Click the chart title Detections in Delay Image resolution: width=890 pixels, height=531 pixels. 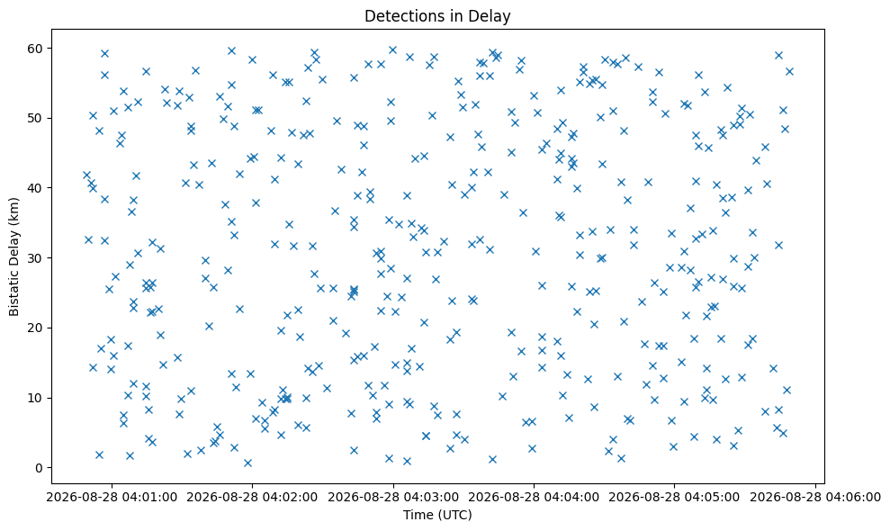(x=437, y=16)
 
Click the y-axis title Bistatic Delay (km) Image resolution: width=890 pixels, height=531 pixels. (x=14, y=256)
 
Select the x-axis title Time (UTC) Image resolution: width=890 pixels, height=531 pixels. (x=437, y=515)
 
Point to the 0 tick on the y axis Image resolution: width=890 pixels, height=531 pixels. (x=40, y=468)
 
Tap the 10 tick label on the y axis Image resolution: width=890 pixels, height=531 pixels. (x=36, y=398)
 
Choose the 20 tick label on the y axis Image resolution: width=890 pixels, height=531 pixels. (x=36, y=328)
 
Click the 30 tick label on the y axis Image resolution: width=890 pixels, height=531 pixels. (x=36, y=258)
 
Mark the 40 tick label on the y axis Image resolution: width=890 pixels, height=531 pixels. (x=36, y=188)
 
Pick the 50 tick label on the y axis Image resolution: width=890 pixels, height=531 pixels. (x=36, y=118)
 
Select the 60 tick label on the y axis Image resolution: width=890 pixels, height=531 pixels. (x=36, y=49)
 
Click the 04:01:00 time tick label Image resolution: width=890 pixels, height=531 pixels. (x=112, y=498)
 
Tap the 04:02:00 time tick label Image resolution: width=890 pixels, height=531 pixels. (x=252, y=498)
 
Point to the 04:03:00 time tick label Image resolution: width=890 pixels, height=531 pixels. (x=392, y=498)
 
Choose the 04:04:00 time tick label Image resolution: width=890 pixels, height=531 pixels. (x=534, y=498)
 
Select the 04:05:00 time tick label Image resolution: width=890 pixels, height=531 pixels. (x=674, y=498)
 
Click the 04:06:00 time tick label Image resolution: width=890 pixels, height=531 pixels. (x=815, y=498)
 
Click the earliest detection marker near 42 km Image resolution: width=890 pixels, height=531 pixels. (x=86, y=175)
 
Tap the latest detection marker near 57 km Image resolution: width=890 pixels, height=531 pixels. (x=789, y=71)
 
